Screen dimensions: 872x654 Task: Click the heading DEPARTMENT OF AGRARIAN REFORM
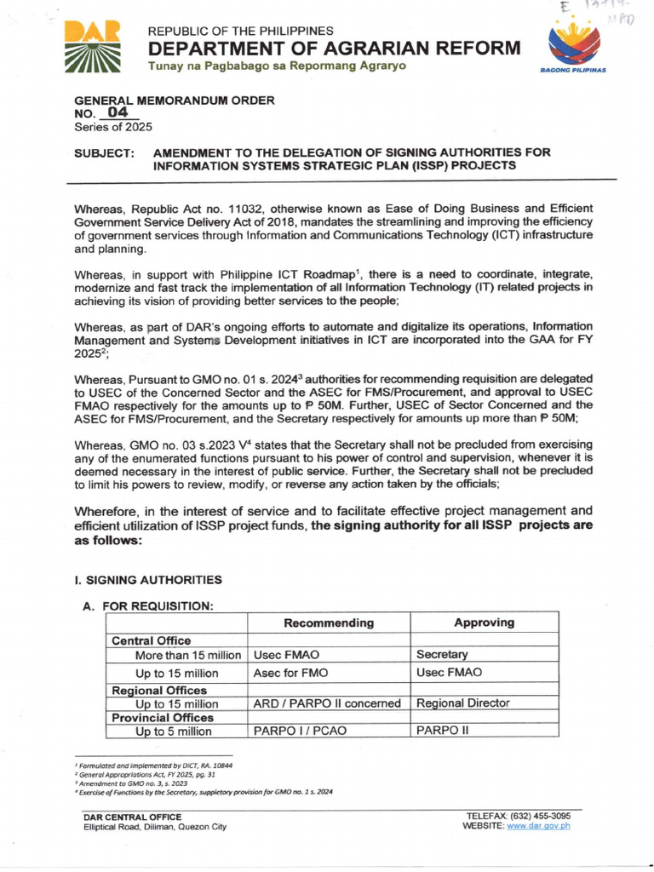334,49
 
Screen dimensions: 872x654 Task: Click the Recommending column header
329,622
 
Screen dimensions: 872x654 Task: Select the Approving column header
484,622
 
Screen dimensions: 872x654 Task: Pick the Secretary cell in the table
442,655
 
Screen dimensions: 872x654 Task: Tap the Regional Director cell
462,703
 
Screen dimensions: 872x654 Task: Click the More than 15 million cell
188,655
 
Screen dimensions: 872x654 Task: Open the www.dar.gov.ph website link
538,825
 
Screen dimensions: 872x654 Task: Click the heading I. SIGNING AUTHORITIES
149,580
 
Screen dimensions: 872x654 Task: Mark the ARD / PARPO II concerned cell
327,703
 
